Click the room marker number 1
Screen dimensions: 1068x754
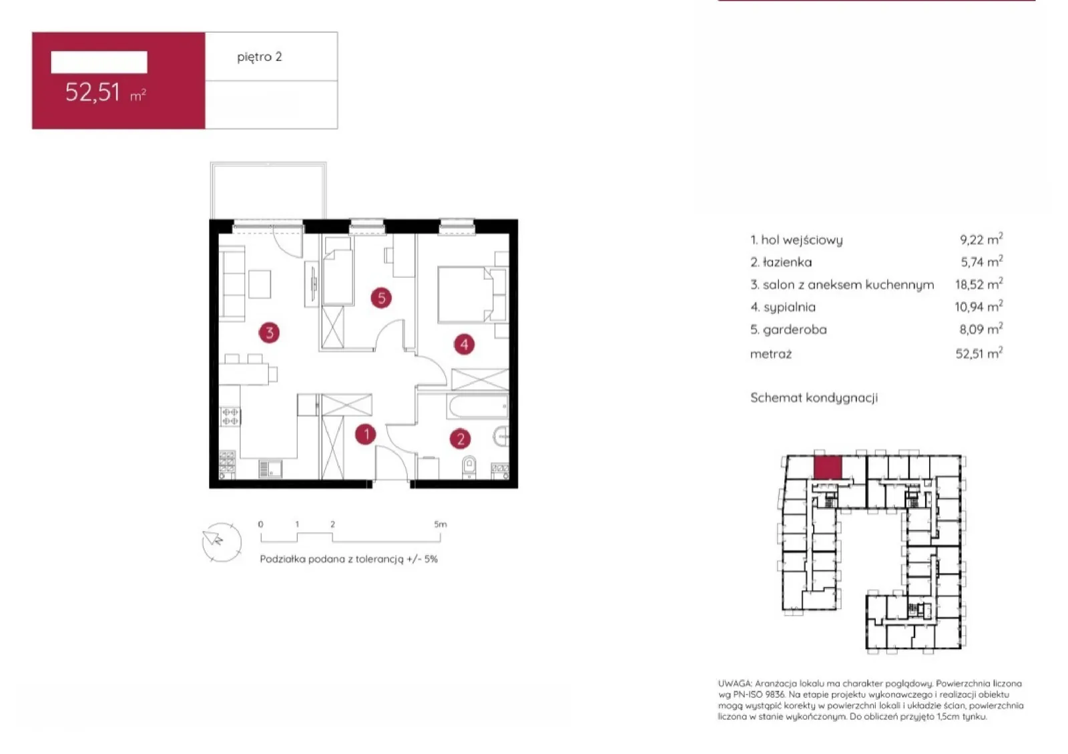[x=366, y=435]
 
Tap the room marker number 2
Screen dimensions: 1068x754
[x=461, y=439]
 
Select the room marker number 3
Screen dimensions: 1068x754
[x=270, y=333]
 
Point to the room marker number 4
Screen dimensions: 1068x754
[x=465, y=345]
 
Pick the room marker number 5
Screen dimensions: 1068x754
[x=381, y=298]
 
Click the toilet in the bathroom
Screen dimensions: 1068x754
[x=469, y=466]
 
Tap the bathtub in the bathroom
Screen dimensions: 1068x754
[x=478, y=407]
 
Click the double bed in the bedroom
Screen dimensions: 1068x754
[x=472, y=295]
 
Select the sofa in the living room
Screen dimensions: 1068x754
[x=232, y=282]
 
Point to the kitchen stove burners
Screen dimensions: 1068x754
[x=230, y=416]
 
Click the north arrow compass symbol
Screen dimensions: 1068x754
[x=222, y=542]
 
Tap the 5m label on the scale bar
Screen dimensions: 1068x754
[x=441, y=524]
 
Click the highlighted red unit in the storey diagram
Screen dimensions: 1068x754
[x=828, y=467]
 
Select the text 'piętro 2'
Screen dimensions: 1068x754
[x=260, y=57]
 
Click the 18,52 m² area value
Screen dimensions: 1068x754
[x=979, y=284]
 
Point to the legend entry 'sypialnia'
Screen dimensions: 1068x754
[x=783, y=307]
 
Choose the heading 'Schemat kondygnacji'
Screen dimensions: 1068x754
[x=814, y=397]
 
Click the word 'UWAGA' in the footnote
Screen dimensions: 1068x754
[x=735, y=683]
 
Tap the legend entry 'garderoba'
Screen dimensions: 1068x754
[x=788, y=329]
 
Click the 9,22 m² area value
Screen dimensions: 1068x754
[x=981, y=239]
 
